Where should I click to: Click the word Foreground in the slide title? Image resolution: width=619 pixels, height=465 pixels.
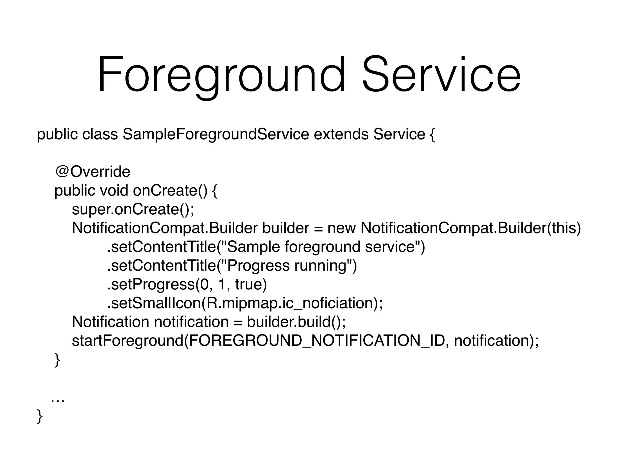221,74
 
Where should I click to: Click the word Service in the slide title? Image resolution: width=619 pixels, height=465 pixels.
441,74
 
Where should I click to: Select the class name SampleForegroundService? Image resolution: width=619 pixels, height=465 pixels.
216,134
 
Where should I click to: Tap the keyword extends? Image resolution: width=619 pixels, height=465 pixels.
341,134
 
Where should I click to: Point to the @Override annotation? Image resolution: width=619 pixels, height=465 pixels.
92,172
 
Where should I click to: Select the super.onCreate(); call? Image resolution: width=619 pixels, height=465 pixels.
133,209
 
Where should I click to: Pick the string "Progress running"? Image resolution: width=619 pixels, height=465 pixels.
287,265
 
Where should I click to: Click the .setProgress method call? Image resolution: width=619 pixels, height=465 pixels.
151,284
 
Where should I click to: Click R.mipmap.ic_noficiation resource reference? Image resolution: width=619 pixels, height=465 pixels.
289,303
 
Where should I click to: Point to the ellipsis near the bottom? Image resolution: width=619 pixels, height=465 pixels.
57,401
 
